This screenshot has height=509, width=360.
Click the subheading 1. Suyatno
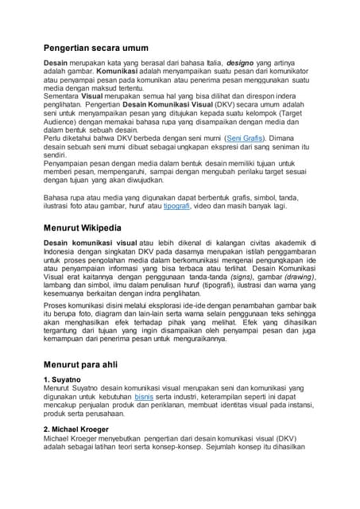tap(64, 380)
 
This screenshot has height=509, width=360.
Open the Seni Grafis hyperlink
tap(246, 138)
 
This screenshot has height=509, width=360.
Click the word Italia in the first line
tap(212, 62)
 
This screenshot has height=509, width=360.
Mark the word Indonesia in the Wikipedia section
tap(62, 253)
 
